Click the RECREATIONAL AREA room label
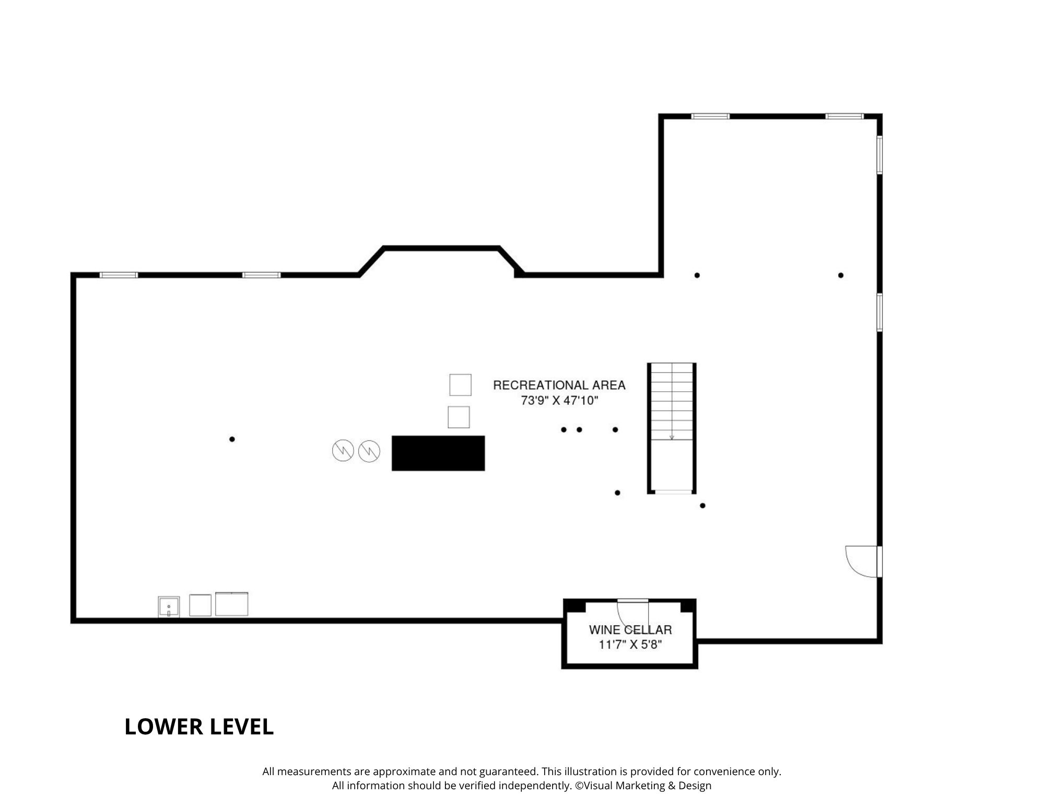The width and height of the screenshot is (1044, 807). coord(559,385)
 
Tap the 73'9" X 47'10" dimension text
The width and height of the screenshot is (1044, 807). coord(559,401)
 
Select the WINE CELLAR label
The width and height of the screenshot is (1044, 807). coord(630,630)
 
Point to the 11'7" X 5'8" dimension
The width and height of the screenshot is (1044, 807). coord(630,645)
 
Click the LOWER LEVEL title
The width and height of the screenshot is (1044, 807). coord(199,727)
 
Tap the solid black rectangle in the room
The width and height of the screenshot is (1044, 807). coord(438,453)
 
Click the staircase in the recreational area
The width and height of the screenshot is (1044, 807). coord(672,428)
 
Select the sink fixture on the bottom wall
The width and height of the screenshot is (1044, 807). coord(169,607)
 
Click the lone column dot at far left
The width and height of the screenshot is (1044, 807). coord(232,439)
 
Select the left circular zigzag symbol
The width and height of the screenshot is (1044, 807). coord(343,451)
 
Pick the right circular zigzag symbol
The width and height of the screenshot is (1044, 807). coord(369,451)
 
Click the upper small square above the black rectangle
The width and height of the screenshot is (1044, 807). coord(460,385)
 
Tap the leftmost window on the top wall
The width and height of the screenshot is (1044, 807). coord(119,275)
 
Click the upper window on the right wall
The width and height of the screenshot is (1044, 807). coord(879,155)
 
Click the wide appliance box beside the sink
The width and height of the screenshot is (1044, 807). coord(231,604)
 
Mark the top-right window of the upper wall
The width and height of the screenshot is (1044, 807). coord(844,116)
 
